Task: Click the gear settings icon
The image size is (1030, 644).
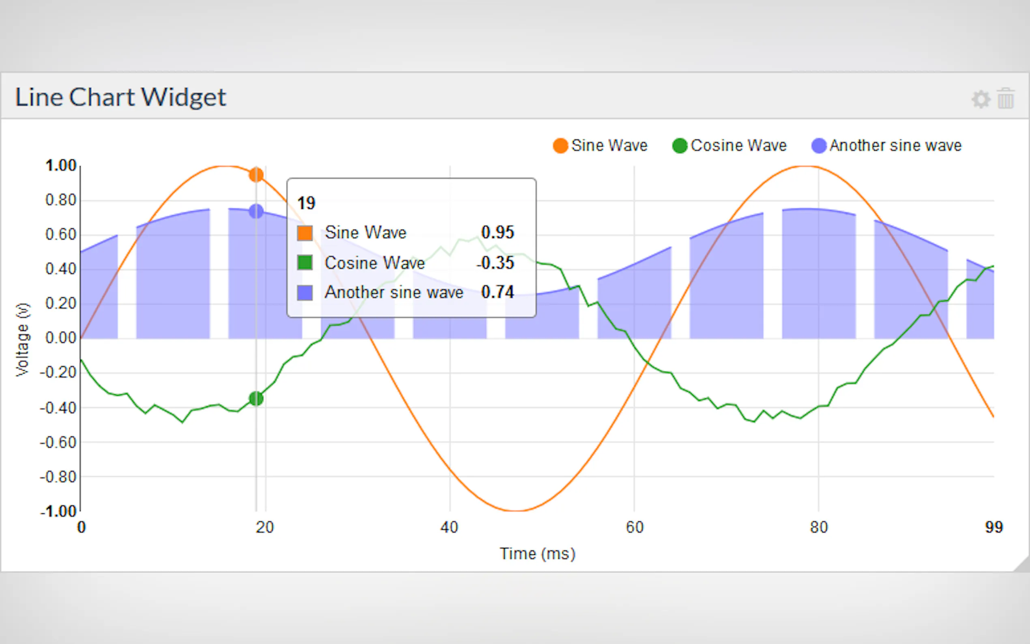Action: [x=981, y=99]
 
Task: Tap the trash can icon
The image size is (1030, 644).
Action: [x=1006, y=99]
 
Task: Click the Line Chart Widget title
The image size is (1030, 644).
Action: [x=120, y=97]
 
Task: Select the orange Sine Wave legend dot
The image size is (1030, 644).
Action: [x=560, y=146]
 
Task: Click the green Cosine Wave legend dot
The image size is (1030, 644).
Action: [x=680, y=146]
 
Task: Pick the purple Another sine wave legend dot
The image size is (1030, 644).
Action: [x=819, y=146]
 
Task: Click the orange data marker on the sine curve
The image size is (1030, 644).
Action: [x=256, y=175]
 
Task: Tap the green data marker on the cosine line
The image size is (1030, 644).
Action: [x=256, y=399]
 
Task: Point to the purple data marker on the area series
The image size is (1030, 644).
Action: [x=256, y=211]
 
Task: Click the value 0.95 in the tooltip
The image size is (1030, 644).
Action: [x=497, y=232]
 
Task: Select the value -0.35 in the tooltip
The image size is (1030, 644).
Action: [x=496, y=263]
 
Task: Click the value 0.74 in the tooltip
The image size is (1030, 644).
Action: [x=497, y=292]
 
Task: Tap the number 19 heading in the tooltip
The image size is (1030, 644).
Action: [x=306, y=203]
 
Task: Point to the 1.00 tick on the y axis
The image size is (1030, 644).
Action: [x=61, y=166]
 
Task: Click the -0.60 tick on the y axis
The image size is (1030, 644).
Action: [x=58, y=442]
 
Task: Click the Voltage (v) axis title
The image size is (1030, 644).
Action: [x=23, y=339]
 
